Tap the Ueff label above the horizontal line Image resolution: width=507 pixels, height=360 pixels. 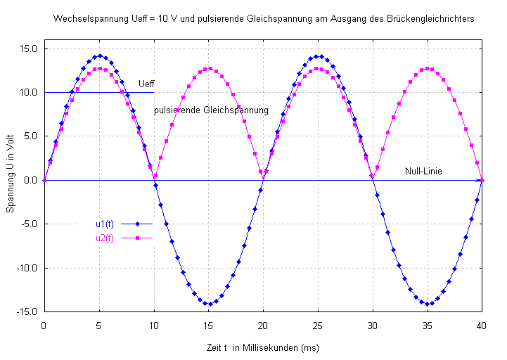click(x=146, y=84)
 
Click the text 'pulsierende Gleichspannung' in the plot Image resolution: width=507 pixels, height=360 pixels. click(x=211, y=110)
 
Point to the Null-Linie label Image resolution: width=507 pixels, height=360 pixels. click(x=423, y=171)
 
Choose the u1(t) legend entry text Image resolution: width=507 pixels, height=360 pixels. click(x=105, y=224)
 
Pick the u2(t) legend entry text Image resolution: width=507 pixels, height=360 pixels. click(x=105, y=238)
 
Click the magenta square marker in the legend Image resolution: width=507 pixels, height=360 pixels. click(x=139, y=238)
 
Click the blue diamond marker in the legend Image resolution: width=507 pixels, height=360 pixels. click(x=139, y=224)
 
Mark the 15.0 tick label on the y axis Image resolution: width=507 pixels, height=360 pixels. click(x=29, y=49)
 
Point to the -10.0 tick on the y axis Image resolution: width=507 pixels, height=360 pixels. click(x=27, y=268)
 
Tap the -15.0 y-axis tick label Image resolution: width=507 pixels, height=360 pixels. click(x=27, y=311)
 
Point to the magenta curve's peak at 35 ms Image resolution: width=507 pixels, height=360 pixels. click(x=428, y=69)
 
